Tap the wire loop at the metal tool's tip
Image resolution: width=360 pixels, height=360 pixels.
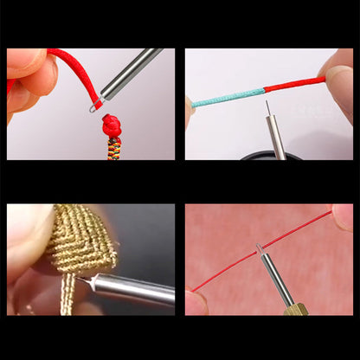(93, 106)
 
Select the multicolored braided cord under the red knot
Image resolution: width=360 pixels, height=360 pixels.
(114, 148)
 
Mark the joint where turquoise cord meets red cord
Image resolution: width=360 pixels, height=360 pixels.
(261, 90)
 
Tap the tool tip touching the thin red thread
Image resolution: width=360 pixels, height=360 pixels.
(259, 251)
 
